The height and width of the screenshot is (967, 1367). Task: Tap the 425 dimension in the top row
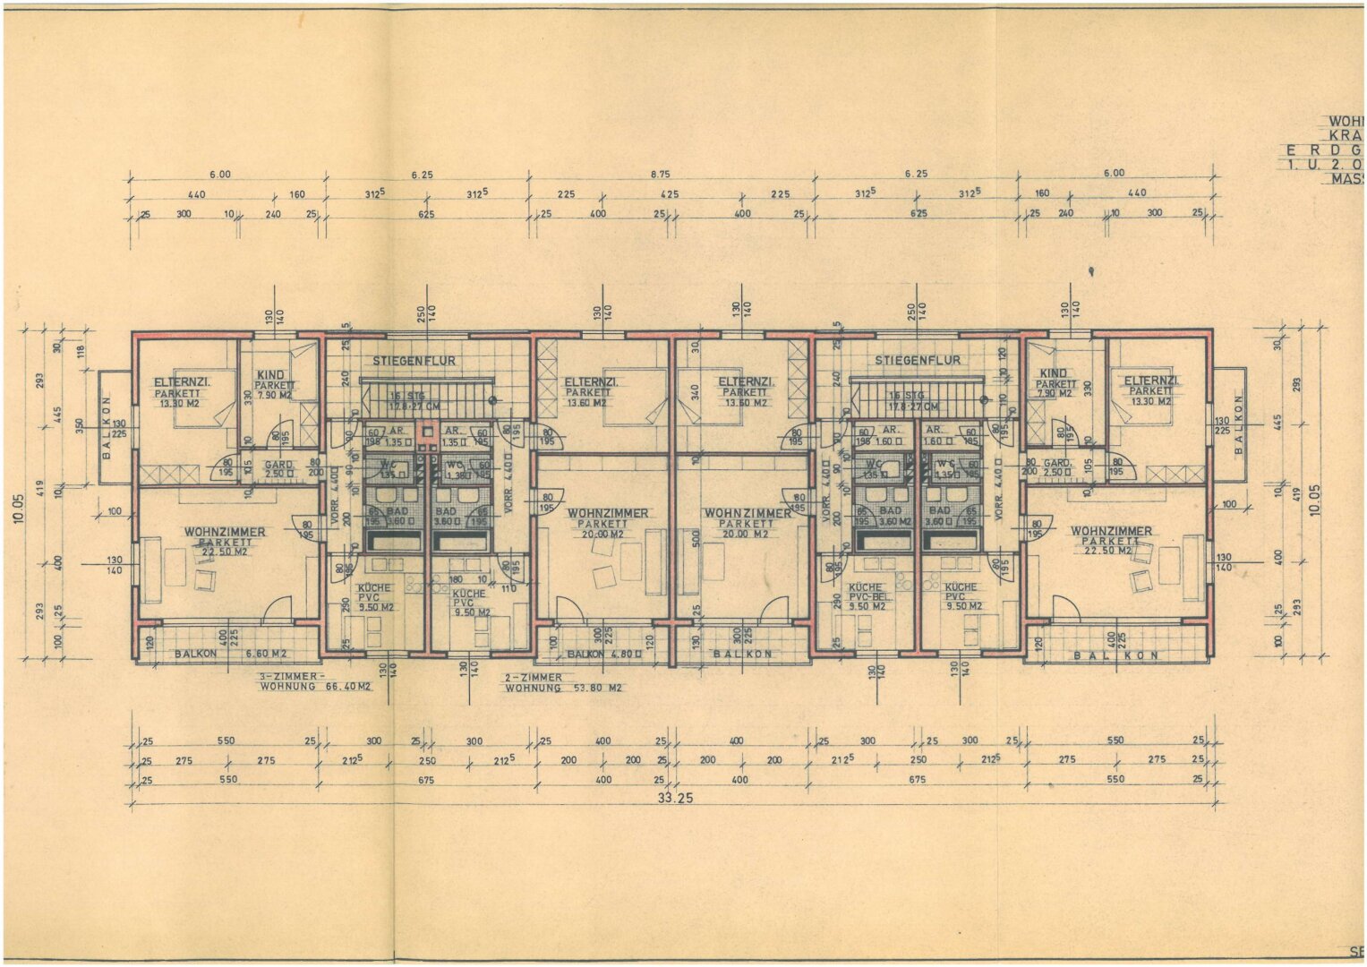click(670, 194)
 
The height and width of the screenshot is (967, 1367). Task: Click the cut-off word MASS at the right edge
click(1348, 179)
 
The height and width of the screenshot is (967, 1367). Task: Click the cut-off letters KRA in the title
click(1347, 134)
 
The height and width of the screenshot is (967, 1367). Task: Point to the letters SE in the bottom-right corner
click(1356, 952)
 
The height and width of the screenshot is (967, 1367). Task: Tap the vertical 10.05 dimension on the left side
click(20, 504)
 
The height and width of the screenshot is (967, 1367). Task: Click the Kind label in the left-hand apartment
click(270, 375)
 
